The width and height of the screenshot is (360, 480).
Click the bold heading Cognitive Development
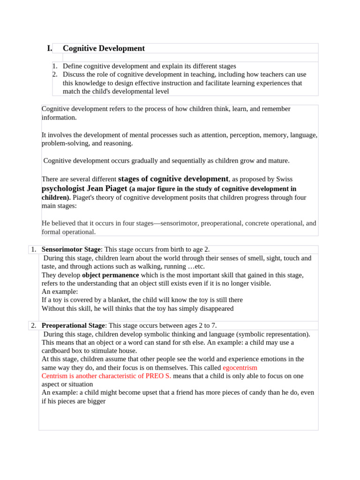point(104,48)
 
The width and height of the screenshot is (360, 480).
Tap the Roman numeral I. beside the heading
point(49,48)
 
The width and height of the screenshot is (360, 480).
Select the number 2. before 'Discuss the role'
point(54,75)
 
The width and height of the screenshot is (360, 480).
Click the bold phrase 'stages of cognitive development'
point(173,179)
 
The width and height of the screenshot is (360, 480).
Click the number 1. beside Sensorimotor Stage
point(34,249)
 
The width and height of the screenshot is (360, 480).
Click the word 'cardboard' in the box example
point(56,351)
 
